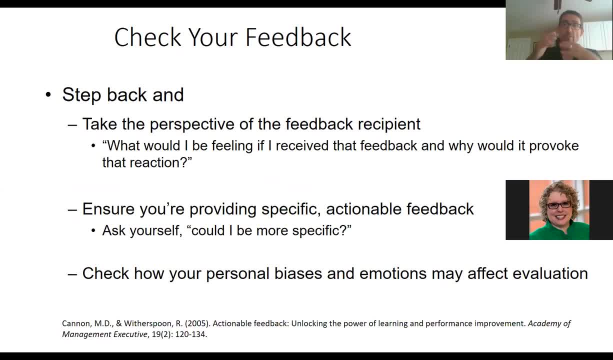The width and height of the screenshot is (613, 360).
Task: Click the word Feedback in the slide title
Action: click(x=298, y=37)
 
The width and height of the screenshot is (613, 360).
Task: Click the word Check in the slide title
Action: click(x=148, y=37)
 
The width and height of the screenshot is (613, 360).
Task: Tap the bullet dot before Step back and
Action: click(x=48, y=95)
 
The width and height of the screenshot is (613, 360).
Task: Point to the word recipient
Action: click(x=389, y=124)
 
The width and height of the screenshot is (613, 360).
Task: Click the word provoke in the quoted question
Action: click(x=554, y=146)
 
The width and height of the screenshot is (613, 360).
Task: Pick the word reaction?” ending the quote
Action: click(x=160, y=162)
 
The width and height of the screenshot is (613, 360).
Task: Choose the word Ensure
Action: click(x=108, y=209)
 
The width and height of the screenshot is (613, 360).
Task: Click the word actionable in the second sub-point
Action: click(x=363, y=209)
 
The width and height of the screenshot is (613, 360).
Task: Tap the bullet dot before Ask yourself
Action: click(x=93, y=231)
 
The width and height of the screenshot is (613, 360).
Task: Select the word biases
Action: click(x=298, y=273)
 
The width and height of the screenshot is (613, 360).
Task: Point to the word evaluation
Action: click(x=550, y=273)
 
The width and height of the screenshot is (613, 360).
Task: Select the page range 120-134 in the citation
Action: click(x=190, y=334)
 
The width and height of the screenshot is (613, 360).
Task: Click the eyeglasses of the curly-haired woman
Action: click(x=558, y=205)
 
